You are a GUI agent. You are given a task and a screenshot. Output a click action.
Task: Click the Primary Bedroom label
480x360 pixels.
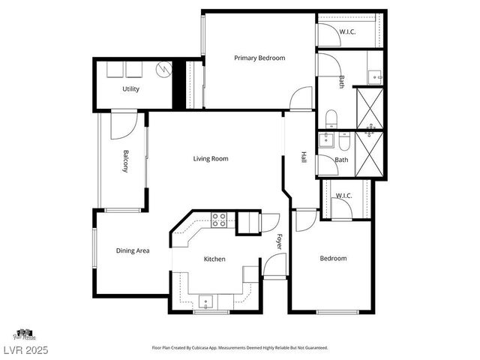pos(259,58)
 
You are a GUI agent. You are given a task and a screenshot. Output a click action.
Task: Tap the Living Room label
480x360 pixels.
pos(211,158)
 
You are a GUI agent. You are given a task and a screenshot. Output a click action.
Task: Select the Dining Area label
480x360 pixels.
pos(132,250)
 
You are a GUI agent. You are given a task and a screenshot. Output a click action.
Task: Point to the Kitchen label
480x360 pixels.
pos(214,259)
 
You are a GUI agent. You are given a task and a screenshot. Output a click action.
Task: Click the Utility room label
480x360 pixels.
pos(131,89)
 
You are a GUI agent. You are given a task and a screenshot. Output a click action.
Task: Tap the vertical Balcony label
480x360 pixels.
pos(127,162)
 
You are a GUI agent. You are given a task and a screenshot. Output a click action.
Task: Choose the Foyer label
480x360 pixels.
pos(278,243)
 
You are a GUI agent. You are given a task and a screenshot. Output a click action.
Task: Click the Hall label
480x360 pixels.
pos(304,157)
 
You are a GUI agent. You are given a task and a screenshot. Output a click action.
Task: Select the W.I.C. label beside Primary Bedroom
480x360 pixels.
pos(348,31)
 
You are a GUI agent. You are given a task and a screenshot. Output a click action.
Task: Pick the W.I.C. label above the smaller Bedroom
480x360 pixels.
pos(343,196)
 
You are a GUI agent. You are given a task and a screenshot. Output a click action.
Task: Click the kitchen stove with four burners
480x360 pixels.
pos(220,220)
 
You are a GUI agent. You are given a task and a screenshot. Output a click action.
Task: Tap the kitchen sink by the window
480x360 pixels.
pos(206,301)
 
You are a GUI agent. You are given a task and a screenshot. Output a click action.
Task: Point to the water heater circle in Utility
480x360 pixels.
pos(163,70)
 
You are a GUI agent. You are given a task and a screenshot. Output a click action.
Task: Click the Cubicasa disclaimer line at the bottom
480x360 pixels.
pos(240,348)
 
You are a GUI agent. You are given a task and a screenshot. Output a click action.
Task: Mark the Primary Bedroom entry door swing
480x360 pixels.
pos(301,98)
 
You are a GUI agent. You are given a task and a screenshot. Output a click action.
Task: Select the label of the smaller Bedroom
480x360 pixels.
pos(333,259)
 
